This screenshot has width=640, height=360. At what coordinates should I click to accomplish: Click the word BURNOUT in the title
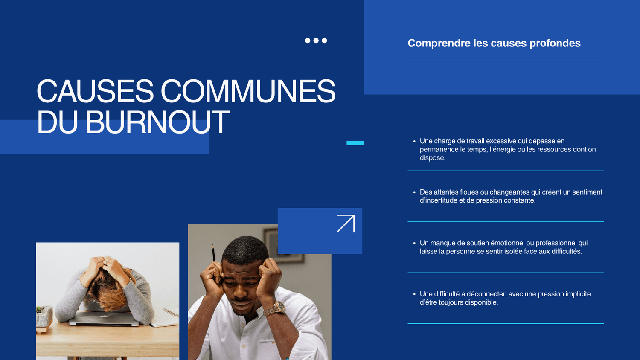click(x=158, y=122)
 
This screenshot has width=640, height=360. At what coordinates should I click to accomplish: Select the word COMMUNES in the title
click(x=248, y=91)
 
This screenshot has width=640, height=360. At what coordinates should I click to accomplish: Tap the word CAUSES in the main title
click(x=95, y=91)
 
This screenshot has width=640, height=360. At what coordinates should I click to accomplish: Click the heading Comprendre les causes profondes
click(x=494, y=43)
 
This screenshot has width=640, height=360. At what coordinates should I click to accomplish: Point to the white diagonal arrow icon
click(x=346, y=224)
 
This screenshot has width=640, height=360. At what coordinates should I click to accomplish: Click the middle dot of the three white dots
click(x=316, y=41)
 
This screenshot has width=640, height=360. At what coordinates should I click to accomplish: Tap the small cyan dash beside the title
click(x=355, y=143)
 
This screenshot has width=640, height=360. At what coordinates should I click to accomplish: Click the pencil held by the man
click(x=213, y=253)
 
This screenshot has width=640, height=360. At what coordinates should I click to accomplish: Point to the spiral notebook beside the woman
click(x=166, y=317)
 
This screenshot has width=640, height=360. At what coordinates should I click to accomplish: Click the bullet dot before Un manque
click(x=414, y=244)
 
